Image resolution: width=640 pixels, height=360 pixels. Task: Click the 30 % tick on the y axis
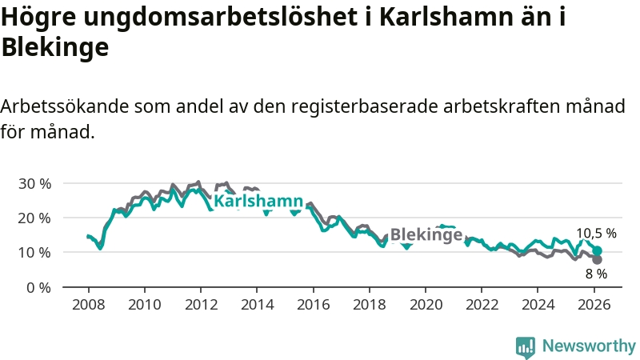pyautogui.click(x=34, y=183)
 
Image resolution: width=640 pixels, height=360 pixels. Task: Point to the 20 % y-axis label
pyautogui.click(x=34, y=218)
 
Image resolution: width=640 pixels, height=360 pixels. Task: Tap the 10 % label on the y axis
pyautogui.click(x=34, y=252)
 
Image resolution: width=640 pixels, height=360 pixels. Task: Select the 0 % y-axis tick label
pyautogui.click(x=38, y=286)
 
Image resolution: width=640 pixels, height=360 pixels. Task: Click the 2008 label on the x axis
pyautogui.click(x=88, y=305)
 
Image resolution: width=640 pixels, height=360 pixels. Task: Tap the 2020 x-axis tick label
pyautogui.click(x=426, y=305)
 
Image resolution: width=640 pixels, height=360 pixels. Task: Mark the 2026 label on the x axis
pyautogui.click(x=594, y=305)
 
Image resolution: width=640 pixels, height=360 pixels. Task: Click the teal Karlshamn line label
pyautogui.click(x=258, y=202)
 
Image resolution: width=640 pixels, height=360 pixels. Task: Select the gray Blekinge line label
pyautogui.click(x=426, y=235)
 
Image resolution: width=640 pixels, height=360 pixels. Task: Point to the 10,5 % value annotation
pyautogui.click(x=596, y=234)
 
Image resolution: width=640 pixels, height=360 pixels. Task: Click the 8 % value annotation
pyautogui.click(x=596, y=274)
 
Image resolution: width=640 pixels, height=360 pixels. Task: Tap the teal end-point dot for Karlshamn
pyautogui.click(x=597, y=251)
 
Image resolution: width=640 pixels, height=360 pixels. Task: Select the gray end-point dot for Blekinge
pyautogui.click(x=597, y=259)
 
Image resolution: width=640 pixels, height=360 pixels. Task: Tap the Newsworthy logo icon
pyautogui.click(x=526, y=346)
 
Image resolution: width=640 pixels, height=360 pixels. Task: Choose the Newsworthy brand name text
pyautogui.click(x=589, y=346)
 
